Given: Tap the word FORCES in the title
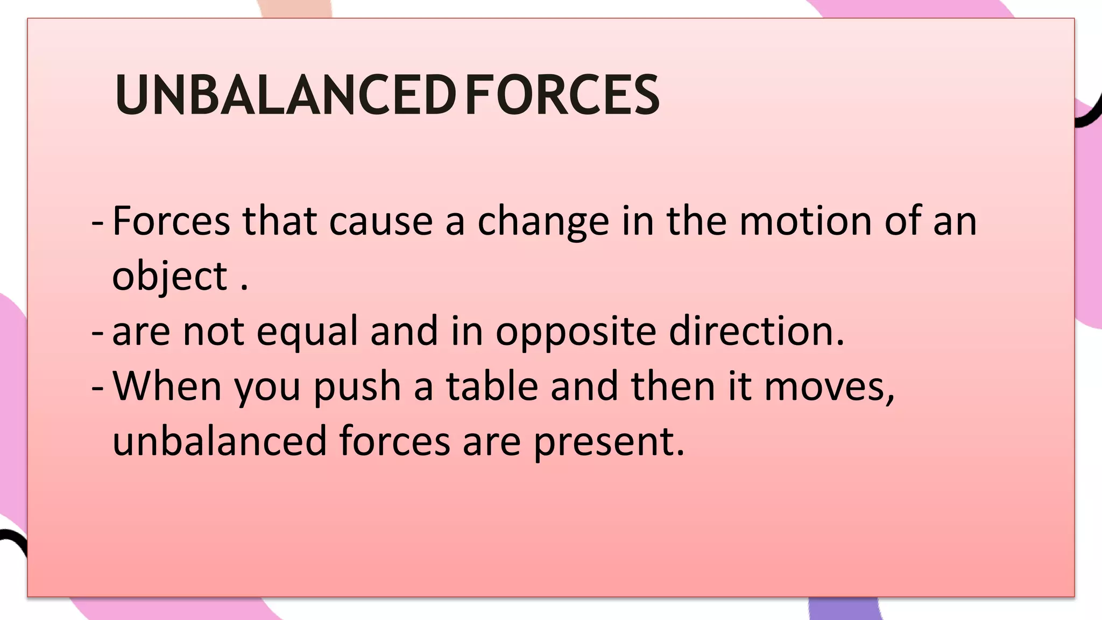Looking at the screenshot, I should coord(562,95).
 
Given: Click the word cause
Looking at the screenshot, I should coord(381,222).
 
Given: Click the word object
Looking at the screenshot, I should coord(170,277).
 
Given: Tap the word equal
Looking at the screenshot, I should coord(307,332).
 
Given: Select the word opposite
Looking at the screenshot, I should coord(576,332).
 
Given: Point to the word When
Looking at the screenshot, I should coord(167,386).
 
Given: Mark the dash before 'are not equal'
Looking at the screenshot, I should coord(97,333).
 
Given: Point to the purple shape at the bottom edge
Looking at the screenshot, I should coord(843,609).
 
